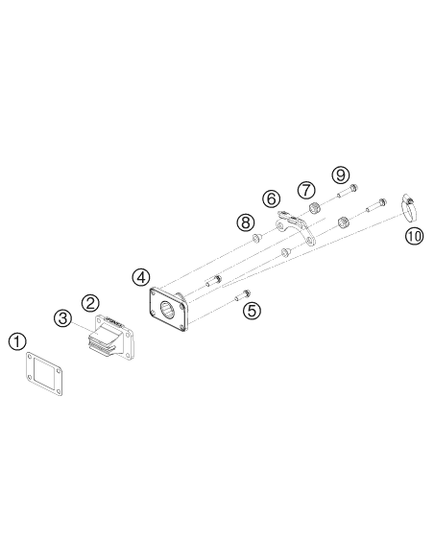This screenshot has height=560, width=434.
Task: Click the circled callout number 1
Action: pos(17,341)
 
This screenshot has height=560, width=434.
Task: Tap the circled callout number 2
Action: pos(90,303)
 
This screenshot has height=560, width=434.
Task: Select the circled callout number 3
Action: pos(63,317)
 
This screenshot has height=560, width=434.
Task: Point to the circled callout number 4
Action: pos(141,277)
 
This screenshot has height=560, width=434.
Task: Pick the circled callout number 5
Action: pos(252,311)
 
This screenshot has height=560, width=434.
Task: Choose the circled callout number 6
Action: pos(272,198)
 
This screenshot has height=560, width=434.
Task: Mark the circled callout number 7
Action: pos(306,190)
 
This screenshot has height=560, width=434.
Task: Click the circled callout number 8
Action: pos(246,222)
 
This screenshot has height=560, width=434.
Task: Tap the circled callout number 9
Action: pos(340,175)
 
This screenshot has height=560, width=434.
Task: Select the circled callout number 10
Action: pos(414,236)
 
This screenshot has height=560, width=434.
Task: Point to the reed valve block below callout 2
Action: pos(110,336)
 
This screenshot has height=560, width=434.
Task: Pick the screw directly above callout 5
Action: pos(243,295)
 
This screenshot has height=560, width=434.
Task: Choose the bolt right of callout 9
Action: pos(348,191)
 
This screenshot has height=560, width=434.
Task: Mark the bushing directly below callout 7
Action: pos(314,208)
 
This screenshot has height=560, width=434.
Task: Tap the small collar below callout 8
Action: pos(256,238)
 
